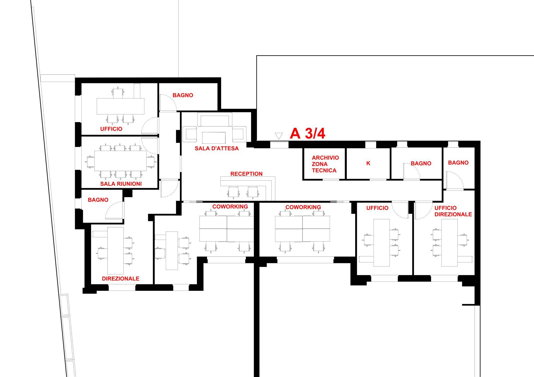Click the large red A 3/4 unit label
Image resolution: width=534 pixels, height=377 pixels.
point(308,134)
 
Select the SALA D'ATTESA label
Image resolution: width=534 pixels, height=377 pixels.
point(217,148)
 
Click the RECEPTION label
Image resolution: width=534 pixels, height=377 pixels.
point(246,174)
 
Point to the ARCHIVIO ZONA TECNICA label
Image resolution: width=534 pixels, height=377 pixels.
point(325,164)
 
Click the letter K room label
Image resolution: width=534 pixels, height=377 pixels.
point(368,163)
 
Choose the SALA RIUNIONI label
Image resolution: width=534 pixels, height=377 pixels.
point(121,184)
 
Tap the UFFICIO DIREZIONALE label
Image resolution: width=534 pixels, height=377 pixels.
point(453,211)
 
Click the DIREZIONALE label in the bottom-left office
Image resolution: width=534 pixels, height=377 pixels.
point(120,279)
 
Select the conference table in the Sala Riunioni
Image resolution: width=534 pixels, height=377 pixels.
point(120,161)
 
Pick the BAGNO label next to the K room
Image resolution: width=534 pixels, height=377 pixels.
point(421,164)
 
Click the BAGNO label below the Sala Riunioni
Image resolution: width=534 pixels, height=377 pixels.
point(98,200)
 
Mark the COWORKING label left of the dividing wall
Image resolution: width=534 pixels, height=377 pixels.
point(230,206)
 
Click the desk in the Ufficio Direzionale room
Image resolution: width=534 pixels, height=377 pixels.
point(450,243)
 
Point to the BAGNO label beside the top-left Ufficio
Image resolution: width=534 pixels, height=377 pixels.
point(183,95)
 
